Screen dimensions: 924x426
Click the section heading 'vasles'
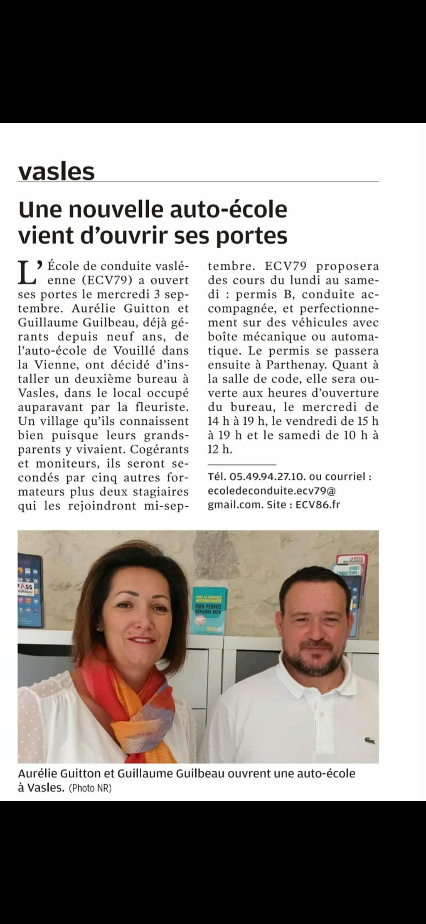pyautogui.click(x=56, y=171)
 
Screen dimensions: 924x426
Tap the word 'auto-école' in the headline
pyautogui.click(x=228, y=210)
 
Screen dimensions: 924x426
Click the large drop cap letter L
pyautogui.click(x=27, y=273)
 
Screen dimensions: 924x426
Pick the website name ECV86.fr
pyautogui.click(x=318, y=505)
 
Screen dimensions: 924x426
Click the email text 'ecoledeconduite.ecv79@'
pyautogui.click(x=271, y=490)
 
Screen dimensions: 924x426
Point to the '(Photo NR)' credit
pyautogui.click(x=90, y=788)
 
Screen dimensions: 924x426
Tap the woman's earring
pyautogui.click(x=97, y=629)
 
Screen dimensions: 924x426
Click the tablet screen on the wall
pyautogui.click(x=30, y=590)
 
